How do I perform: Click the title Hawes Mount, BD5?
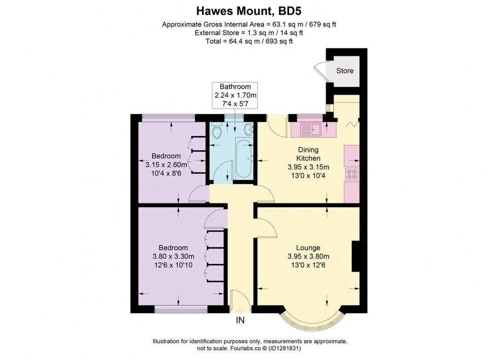coord(249,10)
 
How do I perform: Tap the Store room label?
coord(345,71)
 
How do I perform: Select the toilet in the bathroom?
coord(217,132)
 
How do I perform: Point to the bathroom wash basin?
coord(248,128)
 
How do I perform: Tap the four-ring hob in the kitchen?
coord(352,174)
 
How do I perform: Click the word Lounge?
coord(308,248)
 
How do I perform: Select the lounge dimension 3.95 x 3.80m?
coord(308,256)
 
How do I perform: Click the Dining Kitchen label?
coord(308,154)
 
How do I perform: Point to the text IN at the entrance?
coord(240,320)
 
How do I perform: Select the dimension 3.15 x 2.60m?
coord(166,165)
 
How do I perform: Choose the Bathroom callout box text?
coord(235,95)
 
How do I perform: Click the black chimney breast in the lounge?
coord(356,256)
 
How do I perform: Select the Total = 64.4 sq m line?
coord(249,41)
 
